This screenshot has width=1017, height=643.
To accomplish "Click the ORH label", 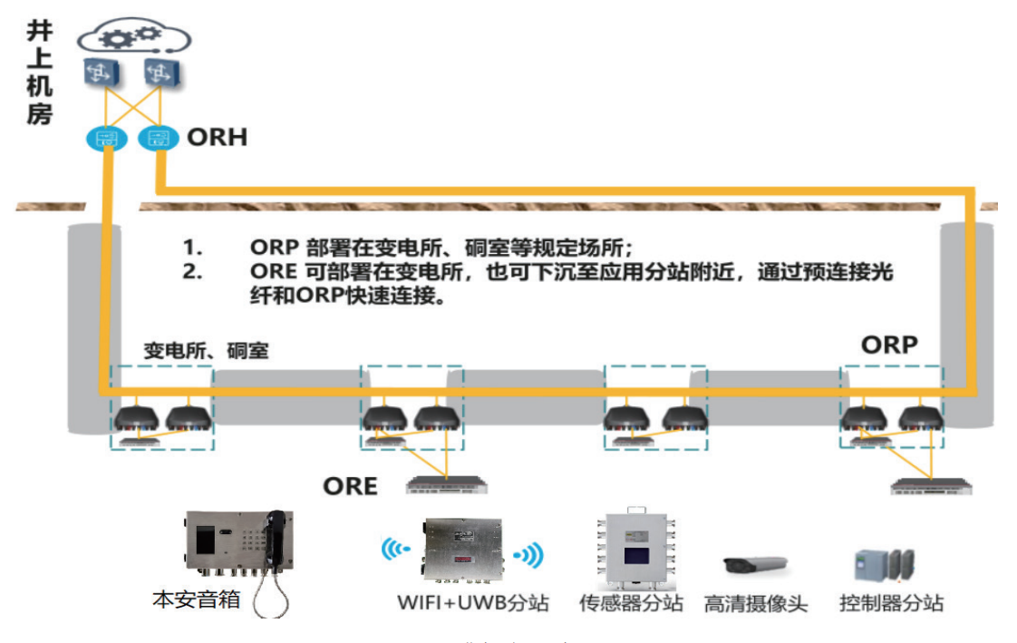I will point(217,138).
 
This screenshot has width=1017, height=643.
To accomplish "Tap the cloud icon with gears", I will point(133,38).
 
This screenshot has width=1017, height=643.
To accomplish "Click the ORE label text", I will point(350,487).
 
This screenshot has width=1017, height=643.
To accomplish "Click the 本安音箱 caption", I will point(196,600).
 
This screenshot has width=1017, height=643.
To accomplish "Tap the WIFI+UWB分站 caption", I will point(472,603).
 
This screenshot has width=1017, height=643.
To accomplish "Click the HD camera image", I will point(754,564).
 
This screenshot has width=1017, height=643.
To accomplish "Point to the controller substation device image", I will point(884,564).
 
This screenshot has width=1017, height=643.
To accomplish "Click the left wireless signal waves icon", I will point(395,550).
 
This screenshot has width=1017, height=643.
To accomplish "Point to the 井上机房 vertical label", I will point(39,73).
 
